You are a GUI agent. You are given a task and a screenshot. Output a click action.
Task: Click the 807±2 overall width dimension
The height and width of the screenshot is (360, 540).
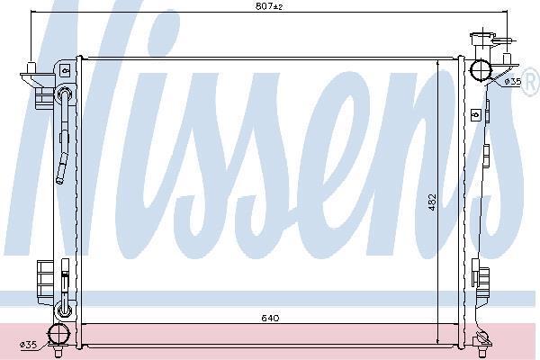(x=269, y=6)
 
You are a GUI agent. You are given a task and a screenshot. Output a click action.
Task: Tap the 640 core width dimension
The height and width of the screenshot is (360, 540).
(x=270, y=318)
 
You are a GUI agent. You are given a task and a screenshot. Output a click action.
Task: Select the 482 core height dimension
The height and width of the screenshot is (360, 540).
(x=432, y=202)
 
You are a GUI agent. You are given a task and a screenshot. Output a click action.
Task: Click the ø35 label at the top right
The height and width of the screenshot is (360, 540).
(x=513, y=82)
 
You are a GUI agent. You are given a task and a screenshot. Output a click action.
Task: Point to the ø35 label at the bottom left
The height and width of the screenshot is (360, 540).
(x=28, y=344)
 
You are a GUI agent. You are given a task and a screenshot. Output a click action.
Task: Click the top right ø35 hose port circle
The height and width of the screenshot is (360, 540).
(x=481, y=70)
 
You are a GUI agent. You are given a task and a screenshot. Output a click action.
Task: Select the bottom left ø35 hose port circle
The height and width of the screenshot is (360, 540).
(x=58, y=334)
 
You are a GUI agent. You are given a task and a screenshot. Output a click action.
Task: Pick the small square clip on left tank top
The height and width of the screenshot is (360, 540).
(x=65, y=71)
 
